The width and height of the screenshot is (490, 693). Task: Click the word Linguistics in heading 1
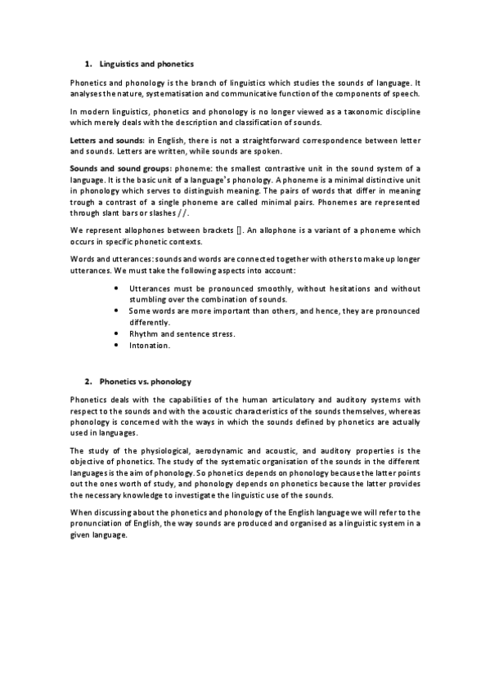(x=120, y=63)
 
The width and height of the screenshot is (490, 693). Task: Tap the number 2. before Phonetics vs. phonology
(x=88, y=381)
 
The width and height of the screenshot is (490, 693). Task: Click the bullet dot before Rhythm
(x=119, y=333)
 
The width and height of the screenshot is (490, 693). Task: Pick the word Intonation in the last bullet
(x=150, y=345)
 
